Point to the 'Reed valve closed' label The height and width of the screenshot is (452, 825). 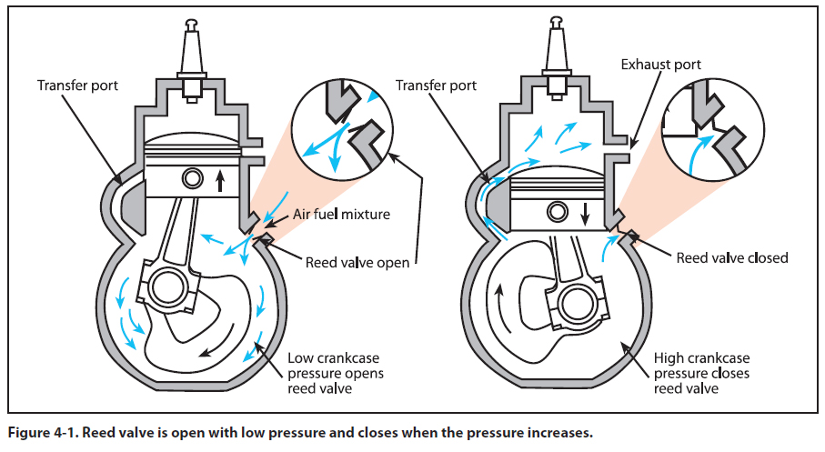pos(732,257)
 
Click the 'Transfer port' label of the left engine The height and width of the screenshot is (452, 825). pos(75,85)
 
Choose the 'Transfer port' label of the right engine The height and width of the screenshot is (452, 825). pos(437,85)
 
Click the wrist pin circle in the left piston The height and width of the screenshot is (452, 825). pos(192,176)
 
